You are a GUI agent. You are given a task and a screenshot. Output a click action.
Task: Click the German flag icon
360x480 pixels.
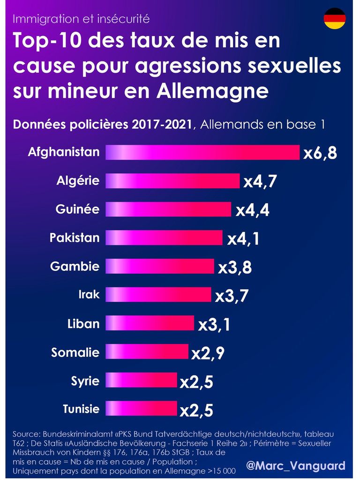(335, 19)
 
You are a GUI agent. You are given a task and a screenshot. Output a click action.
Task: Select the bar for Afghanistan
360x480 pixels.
(202, 152)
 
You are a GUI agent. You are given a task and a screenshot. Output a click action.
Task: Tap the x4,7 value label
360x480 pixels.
(261, 181)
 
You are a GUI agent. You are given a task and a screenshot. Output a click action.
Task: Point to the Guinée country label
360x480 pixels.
(77, 209)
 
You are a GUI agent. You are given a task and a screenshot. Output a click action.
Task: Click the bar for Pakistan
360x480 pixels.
(164, 238)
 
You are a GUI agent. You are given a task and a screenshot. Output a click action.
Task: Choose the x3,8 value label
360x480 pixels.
(235, 267)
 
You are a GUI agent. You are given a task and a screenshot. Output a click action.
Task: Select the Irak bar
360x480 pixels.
(158, 295)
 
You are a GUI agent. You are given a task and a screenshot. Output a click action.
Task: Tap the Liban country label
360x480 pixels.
(83, 323)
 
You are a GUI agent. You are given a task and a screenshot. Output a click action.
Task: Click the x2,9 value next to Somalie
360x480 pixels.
(208, 353)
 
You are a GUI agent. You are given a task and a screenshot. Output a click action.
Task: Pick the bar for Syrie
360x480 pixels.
(141, 380)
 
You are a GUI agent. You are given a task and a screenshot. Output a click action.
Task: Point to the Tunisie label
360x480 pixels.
(81, 409)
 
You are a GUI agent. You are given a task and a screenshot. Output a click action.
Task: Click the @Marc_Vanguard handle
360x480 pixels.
(296, 466)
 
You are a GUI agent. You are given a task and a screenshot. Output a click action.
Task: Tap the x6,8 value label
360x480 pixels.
(320, 153)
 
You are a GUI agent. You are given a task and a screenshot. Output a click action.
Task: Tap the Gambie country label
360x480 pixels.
(75, 266)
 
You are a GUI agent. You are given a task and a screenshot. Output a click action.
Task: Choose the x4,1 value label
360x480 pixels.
(243, 239)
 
